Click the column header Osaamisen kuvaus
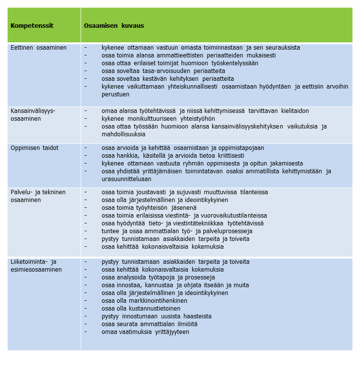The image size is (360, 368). pyautogui.click(x=114, y=25)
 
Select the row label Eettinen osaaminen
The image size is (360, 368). pyautogui.click(x=38, y=48)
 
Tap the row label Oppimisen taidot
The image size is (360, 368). pyautogui.click(x=36, y=147)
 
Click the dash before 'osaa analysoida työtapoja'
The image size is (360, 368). pyautogui.click(x=86, y=277)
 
